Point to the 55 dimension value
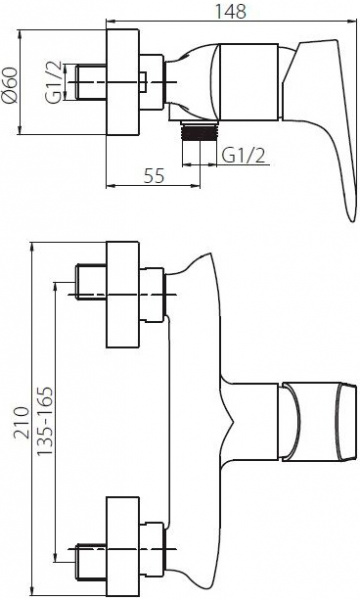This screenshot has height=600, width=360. (153, 175)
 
